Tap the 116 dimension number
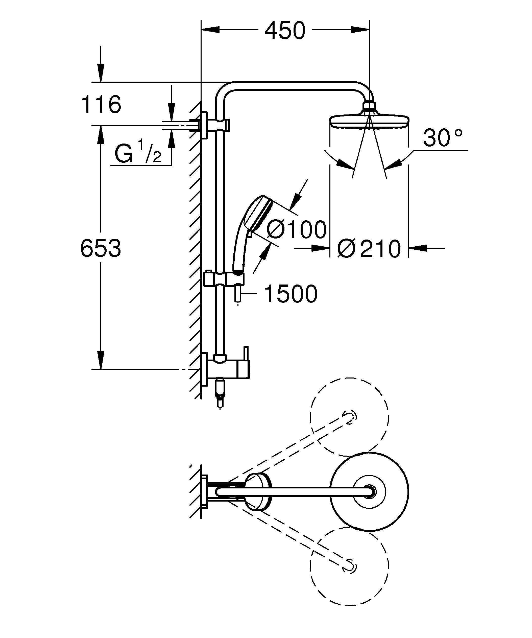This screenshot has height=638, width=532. click(101, 104)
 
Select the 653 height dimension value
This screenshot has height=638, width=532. click(101, 248)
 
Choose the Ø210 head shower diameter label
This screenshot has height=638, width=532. click(369, 249)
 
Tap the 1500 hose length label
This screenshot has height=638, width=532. click(291, 294)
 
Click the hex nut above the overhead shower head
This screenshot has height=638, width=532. click(369, 105)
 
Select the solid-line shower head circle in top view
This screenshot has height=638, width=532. click(369, 491)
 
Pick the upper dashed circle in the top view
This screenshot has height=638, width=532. click(349, 417)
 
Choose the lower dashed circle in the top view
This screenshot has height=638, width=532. click(349, 565)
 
